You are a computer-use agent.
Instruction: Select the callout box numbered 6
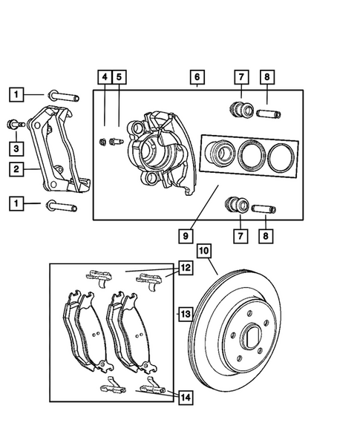click(x=196, y=77)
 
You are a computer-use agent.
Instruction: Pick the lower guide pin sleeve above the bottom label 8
click(x=265, y=206)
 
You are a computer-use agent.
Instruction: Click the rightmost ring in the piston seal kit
click(x=281, y=156)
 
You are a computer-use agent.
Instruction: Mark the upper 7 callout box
click(x=240, y=77)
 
